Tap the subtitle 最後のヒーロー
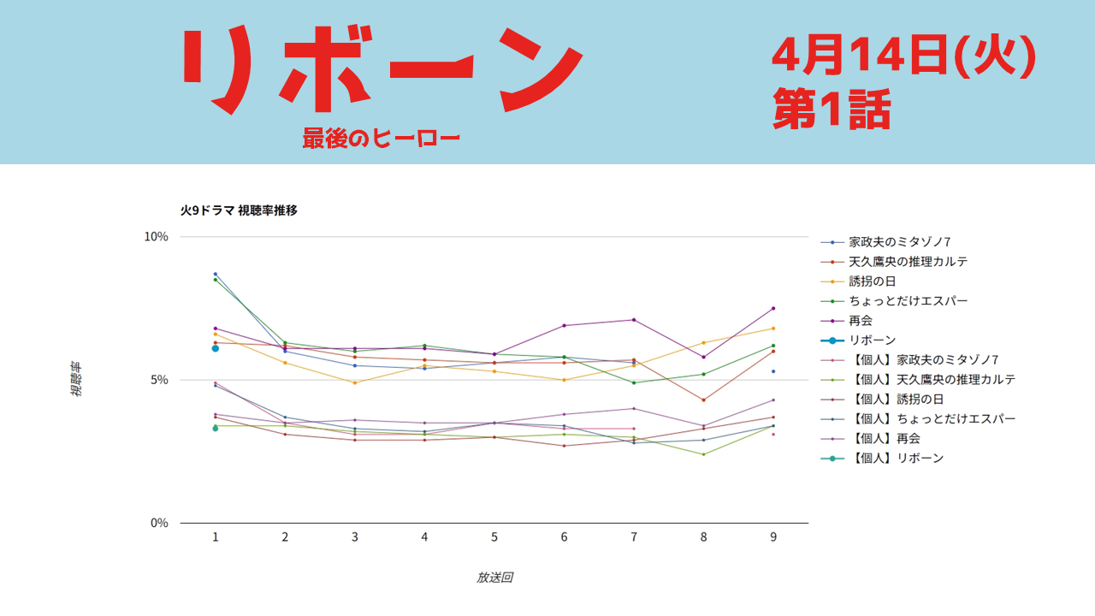click(x=381, y=139)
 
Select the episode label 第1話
click(x=832, y=110)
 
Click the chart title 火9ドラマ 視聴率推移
click(x=239, y=210)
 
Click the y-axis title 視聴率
click(x=76, y=380)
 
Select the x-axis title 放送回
click(x=494, y=577)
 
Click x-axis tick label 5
click(x=494, y=537)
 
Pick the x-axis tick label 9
click(x=773, y=537)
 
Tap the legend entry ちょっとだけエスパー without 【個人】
click(x=909, y=301)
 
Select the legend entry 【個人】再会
click(x=885, y=439)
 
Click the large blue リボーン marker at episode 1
click(x=216, y=348)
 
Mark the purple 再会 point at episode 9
click(x=773, y=308)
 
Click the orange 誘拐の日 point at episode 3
click(x=355, y=382)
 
